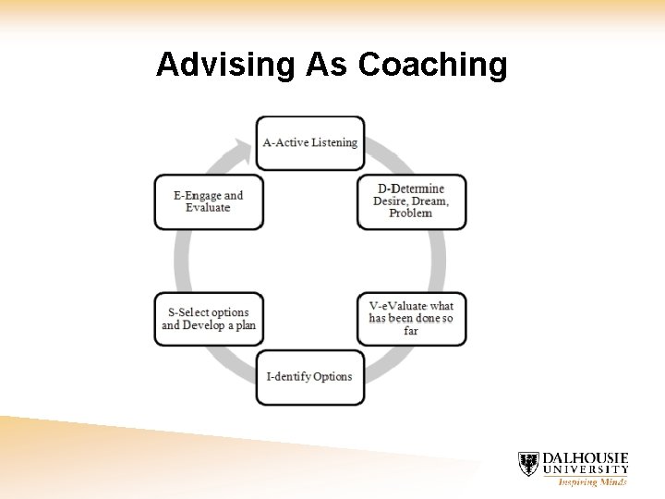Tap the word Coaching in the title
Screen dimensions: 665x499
pyautogui.click(x=432, y=66)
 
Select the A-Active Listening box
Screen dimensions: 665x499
pyautogui.click(x=309, y=143)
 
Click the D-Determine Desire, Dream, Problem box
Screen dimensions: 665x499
pyautogui.click(x=411, y=201)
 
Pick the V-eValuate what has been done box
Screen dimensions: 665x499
pyautogui.click(x=411, y=319)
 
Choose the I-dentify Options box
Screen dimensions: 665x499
pyautogui.click(x=309, y=377)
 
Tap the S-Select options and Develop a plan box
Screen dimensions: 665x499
pyautogui.click(x=208, y=319)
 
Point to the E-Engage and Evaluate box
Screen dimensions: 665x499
pyautogui.click(x=208, y=201)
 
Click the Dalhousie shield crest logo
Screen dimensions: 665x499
pyautogui.click(x=528, y=464)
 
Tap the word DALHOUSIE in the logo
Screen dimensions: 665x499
pyautogui.click(x=585, y=458)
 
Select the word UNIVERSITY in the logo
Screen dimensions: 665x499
pyautogui.click(x=585, y=470)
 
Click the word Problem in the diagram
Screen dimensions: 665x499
pyautogui.click(x=411, y=213)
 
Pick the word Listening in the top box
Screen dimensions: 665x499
pyautogui.click(x=333, y=143)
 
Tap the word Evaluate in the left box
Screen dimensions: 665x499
pyautogui.click(x=208, y=208)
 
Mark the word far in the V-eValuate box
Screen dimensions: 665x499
pyautogui.click(x=411, y=331)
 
